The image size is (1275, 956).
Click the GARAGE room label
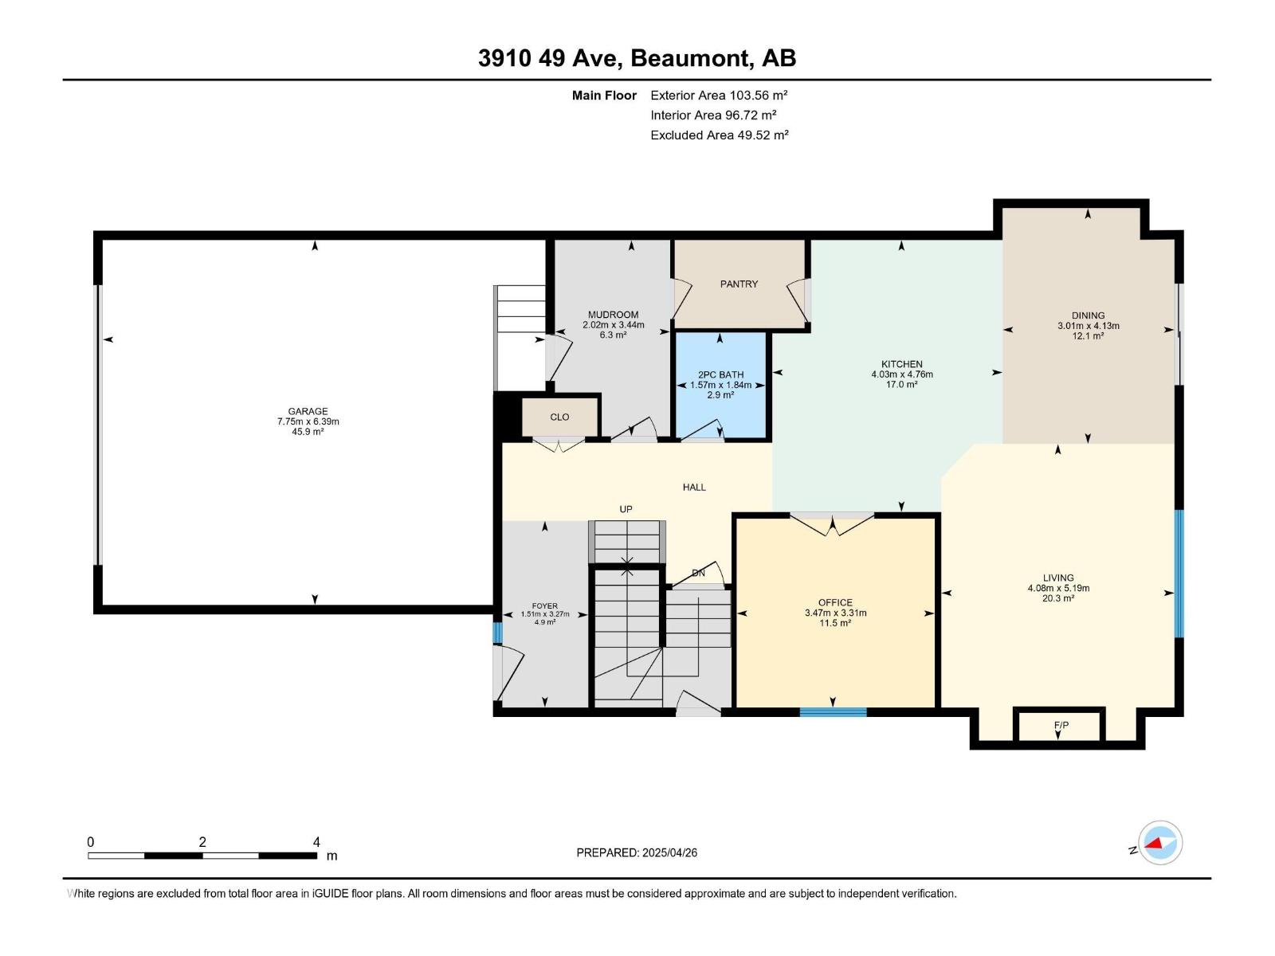[308, 412]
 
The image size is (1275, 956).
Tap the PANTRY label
[739, 284]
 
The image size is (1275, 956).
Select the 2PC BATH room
[720, 385]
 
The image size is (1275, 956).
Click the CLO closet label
[559, 417]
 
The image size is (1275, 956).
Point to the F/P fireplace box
[1061, 726]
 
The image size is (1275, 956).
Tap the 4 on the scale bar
[316, 842]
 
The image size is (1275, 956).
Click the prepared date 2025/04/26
[668, 852]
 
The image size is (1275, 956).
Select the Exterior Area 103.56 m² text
[719, 95]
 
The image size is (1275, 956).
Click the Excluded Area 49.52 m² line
[719, 135]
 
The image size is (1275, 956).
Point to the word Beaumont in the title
[693, 58]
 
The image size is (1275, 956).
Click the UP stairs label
[626, 509]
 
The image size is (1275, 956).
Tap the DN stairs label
[698, 573]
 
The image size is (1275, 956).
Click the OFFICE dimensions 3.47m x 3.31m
[835, 613]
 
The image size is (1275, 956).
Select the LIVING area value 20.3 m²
[1058, 598]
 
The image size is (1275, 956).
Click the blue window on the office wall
[833, 711]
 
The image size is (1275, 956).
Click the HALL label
[694, 488]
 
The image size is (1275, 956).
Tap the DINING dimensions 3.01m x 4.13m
[1088, 326]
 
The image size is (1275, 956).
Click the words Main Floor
[604, 96]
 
